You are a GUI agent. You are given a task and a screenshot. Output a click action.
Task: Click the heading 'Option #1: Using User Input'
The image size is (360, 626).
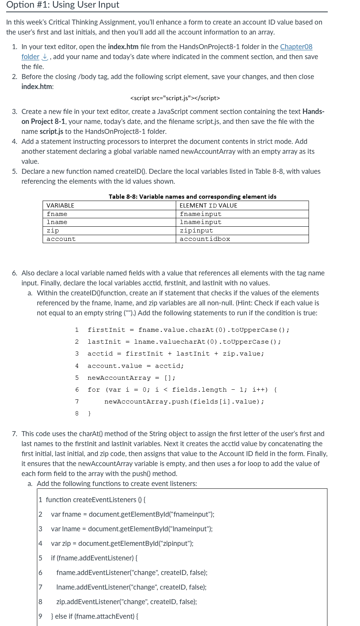63,5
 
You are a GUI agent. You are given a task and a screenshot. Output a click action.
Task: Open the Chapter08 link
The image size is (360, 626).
296,47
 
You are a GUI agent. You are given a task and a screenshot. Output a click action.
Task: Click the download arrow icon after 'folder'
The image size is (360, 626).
45,57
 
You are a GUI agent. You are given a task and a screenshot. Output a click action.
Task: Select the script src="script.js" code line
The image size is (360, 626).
175,98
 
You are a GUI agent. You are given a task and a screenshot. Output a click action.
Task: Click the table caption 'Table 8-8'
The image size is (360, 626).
192,196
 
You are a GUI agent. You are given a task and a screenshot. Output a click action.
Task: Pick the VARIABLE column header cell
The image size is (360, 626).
61,206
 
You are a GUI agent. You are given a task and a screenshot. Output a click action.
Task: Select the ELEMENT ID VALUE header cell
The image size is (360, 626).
208,206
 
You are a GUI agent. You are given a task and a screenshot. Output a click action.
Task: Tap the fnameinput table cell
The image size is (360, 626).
201,214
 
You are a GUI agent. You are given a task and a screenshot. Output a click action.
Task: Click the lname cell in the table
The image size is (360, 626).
57,222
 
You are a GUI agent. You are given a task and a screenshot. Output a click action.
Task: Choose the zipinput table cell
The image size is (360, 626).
197,231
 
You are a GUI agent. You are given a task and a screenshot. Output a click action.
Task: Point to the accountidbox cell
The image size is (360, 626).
205,239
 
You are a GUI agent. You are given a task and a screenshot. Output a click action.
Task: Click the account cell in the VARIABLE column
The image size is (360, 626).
61,239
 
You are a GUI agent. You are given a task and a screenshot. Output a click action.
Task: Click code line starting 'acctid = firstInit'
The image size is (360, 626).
175,354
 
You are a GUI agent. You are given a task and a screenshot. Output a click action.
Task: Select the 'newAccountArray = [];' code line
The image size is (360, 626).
131,378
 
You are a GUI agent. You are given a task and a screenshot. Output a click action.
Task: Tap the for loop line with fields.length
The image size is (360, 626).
182,390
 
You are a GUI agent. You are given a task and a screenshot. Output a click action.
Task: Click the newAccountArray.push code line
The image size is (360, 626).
184,402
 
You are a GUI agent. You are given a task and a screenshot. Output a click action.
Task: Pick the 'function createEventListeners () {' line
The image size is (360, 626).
96,500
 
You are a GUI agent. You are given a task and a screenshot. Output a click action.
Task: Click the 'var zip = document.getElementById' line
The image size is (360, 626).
122,544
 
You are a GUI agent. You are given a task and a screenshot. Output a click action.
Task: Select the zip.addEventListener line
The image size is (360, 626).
126,602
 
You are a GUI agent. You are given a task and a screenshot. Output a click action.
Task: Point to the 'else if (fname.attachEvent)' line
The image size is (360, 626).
95,616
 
